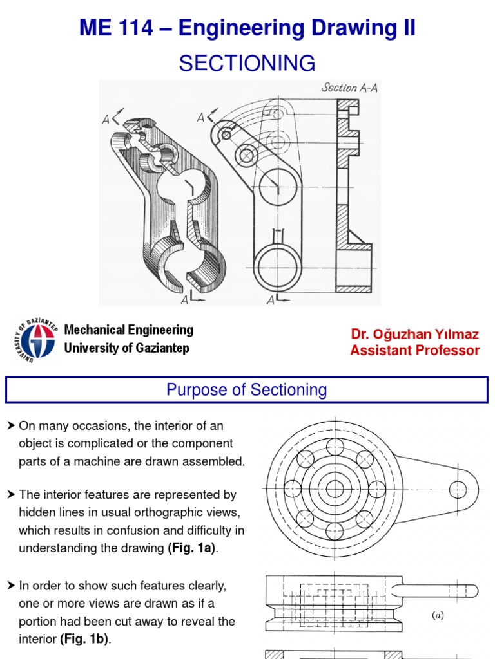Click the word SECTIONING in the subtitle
(247, 63)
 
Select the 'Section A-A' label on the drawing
(349, 88)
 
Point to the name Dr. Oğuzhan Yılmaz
(414, 334)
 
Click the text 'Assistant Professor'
(414, 351)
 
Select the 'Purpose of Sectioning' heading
(247, 390)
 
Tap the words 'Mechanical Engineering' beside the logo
(128, 330)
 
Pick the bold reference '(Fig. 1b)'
(85, 640)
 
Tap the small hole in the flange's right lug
(458, 488)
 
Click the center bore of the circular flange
(335, 489)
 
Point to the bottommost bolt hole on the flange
(335, 531)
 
